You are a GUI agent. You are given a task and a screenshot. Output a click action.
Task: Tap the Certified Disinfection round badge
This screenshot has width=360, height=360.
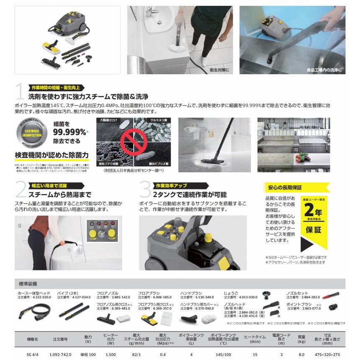click(x=32, y=135)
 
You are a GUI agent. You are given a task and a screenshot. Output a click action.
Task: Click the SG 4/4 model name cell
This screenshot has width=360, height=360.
click(x=33, y=355)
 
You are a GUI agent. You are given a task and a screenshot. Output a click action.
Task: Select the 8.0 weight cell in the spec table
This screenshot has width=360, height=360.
click(x=301, y=355)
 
